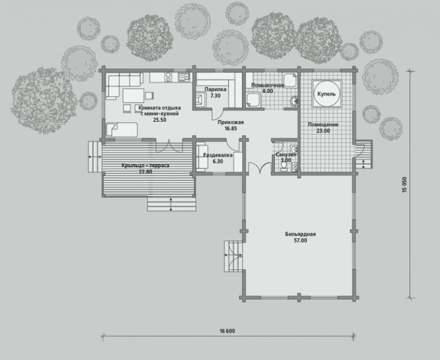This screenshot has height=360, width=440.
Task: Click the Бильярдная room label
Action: (x=300, y=234)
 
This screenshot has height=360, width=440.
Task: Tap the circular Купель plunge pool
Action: (x=327, y=94)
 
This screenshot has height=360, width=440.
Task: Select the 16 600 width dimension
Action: (x=228, y=331)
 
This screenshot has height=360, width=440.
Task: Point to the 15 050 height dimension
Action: (x=405, y=184)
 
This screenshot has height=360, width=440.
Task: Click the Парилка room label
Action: (x=215, y=89)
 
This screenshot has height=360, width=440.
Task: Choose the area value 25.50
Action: (x=160, y=120)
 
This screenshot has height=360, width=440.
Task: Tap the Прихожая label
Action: (x=231, y=122)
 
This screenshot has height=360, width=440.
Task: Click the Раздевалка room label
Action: (x=218, y=155)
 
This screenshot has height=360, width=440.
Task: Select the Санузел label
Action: (x=286, y=154)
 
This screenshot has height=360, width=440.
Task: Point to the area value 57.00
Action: (x=300, y=241)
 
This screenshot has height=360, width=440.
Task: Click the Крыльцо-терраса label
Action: (x=145, y=166)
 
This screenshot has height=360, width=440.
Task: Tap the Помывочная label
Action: (x=268, y=85)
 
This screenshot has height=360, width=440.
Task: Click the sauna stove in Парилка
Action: (x=200, y=100)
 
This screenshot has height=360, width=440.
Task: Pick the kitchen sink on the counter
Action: (x=184, y=76)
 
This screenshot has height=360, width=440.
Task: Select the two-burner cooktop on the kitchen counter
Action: (x=168, y=77)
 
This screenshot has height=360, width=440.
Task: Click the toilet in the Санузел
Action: (x=284, y=166)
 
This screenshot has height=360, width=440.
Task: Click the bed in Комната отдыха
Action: (x=121, y=130)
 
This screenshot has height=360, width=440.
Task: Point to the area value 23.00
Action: (x=324, y=131)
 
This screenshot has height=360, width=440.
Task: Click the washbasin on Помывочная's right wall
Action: (x=294, y=101)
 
